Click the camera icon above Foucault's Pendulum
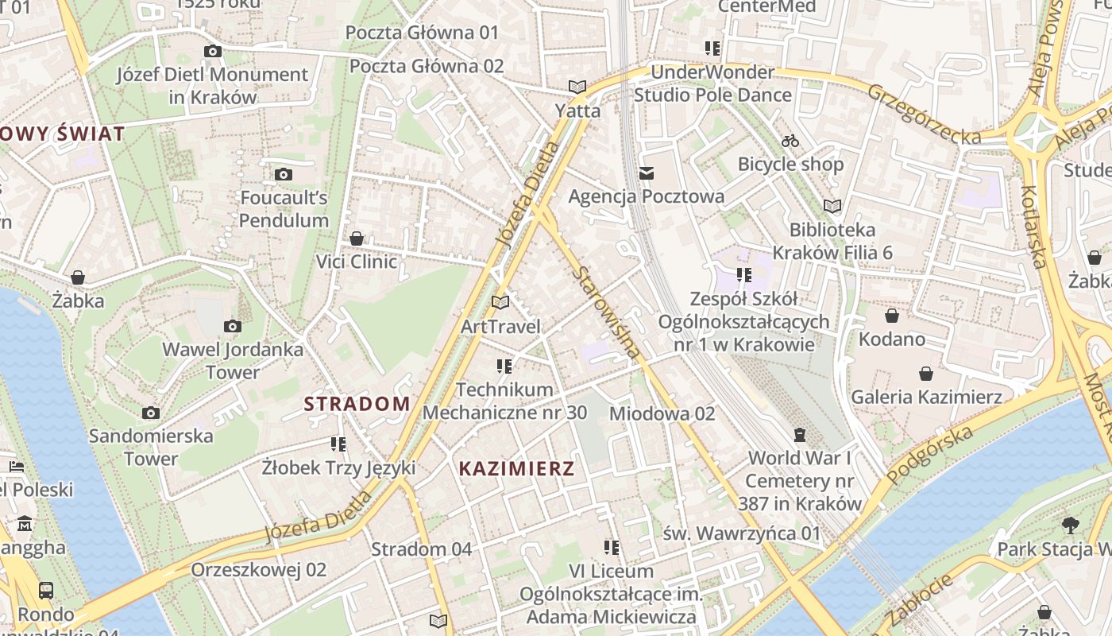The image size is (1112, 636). click(283, 174)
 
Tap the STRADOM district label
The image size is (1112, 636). click(357, 404)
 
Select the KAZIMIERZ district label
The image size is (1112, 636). click(516, 468)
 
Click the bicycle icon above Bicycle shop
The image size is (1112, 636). click(790, 141)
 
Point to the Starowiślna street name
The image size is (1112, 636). click(606, 311)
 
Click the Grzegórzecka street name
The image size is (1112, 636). click(924, 114)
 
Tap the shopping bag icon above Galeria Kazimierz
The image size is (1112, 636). click(926, 373)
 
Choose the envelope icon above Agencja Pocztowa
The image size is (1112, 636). click(647, 173)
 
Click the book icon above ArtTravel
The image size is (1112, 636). click(500, 302)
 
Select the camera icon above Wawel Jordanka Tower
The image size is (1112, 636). click(232, 326)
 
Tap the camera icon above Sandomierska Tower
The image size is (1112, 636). click(151, 413)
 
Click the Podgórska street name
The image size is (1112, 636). click(929, 456)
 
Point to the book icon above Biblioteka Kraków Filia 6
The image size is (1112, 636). click(832, 207)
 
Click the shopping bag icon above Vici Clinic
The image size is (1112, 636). click(357, 238)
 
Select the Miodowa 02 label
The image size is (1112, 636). click(662, 413)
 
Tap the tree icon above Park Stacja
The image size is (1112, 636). click(1070, 525)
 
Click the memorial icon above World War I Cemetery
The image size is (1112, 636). click(799, 434)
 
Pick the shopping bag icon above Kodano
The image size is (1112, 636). click(891, 316)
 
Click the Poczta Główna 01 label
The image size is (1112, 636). click(422, 33)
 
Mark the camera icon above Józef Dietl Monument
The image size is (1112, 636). click(212, 52)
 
